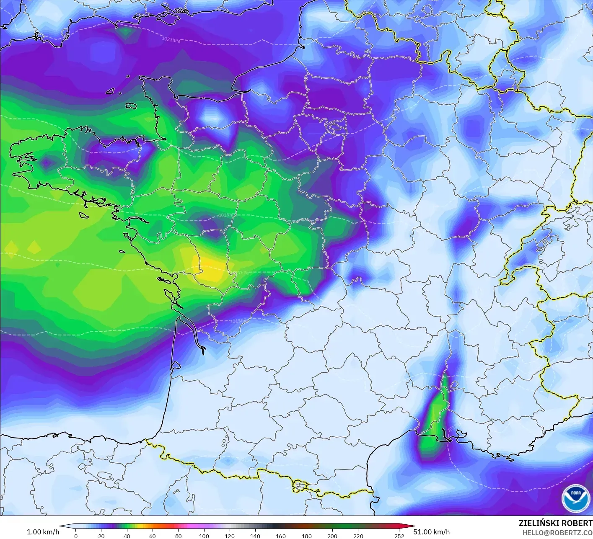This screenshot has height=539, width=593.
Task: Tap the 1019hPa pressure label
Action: point(227,215)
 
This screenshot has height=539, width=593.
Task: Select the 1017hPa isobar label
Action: point(239,273)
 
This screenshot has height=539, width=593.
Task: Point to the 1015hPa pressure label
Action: point(239,321)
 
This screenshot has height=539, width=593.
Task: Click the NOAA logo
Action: point(575,498)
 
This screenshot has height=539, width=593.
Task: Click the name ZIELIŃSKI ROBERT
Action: point(555,523)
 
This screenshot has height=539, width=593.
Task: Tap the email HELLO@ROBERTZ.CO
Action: point(557,532)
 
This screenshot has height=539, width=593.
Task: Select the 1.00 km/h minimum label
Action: point(43,532)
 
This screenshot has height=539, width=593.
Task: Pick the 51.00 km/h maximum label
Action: point(431,532)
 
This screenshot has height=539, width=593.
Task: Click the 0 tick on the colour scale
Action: point(76,536)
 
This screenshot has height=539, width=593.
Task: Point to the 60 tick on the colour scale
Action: point(153,536)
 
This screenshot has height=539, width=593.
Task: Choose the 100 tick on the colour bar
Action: point(204,536)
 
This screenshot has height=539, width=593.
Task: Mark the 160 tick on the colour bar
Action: point(281,536)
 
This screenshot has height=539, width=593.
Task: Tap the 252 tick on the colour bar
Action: point(399,536)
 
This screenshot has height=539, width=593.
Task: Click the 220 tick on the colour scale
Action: point(358,536)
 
